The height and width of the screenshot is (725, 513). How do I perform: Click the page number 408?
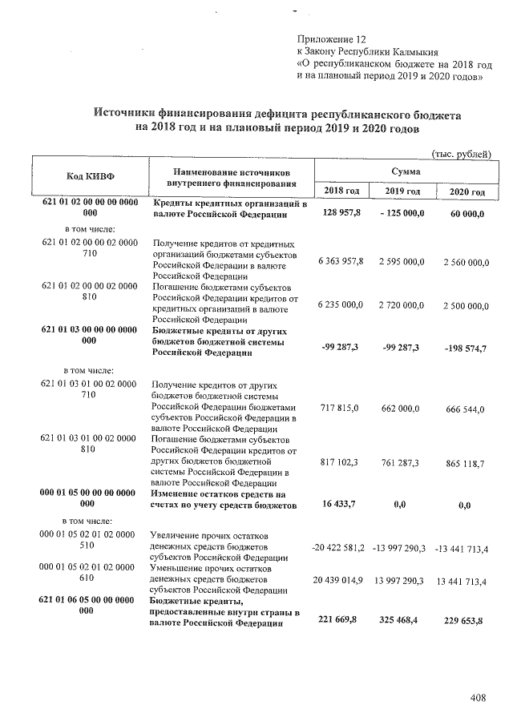coord(479,699)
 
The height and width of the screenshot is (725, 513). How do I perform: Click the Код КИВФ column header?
coord(89,177)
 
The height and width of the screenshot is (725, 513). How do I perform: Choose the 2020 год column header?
coord(467,191)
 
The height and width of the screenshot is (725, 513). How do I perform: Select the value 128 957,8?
coord(343,213)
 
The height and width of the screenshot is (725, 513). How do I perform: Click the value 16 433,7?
coord(344,505)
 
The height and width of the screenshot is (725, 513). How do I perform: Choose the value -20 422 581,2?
coord(337,547)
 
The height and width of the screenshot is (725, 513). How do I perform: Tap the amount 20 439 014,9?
coord(338,579)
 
